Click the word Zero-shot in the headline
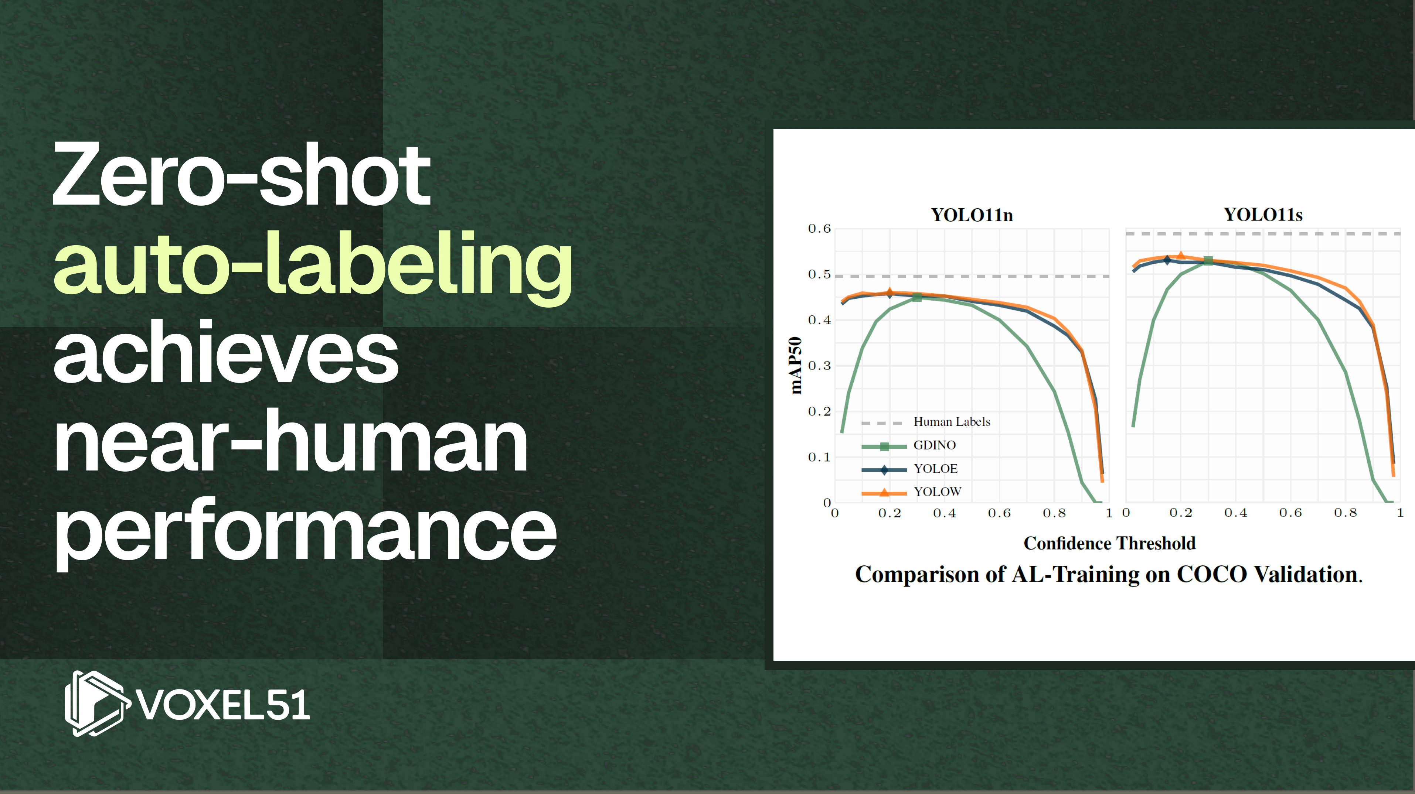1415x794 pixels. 241,175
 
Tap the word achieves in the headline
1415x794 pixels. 226,352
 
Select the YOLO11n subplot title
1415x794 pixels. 972,215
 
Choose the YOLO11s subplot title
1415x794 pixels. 1263,214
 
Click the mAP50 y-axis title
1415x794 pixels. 795,366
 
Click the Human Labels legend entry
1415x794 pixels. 926,422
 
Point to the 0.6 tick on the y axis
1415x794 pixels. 819,229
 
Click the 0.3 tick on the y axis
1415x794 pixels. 819,366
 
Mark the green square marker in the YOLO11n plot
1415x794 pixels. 917,297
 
